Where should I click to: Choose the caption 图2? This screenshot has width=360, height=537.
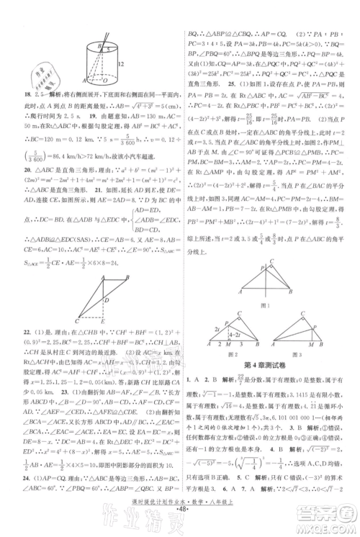tap(221, 353)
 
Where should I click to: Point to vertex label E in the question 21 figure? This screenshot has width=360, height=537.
tap(103, 318)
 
